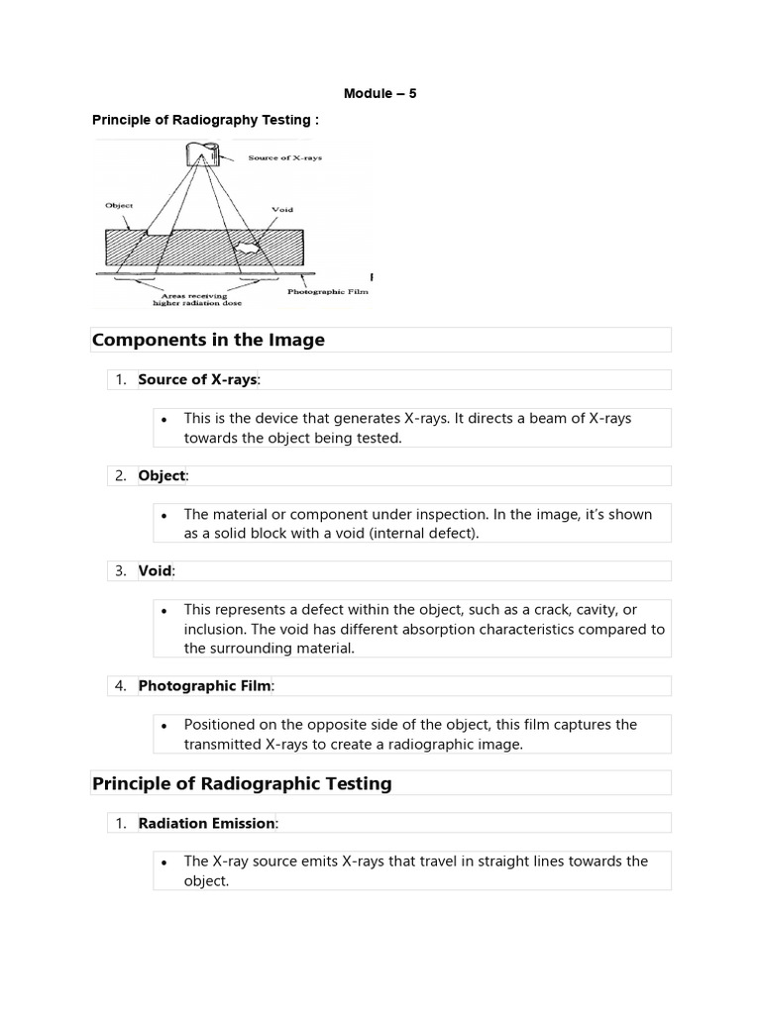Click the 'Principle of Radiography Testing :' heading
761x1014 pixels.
[206, 120]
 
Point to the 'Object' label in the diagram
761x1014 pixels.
[119, 206]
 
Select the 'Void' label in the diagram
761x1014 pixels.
[282, 210]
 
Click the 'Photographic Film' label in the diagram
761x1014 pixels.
[328, 292]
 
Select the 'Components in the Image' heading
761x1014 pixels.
[208, 340]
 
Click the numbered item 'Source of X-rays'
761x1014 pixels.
[198, 379]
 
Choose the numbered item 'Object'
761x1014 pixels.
[163, 475]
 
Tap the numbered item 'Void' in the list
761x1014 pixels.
[156, 570]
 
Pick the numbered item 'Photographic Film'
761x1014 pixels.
[206, 685]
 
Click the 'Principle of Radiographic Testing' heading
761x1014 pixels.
[242, 783]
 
